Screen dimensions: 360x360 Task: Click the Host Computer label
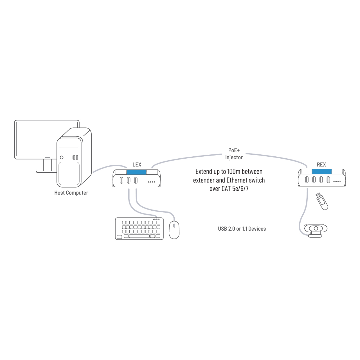pos(71,193)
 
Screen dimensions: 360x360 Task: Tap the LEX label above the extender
pos(137,165)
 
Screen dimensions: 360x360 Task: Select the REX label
pos(321,165)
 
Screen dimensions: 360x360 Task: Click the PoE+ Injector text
pos(234,154)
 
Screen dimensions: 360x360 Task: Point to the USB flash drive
pos(322,201)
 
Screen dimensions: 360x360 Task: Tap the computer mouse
pos(174,230)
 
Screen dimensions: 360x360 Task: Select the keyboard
pos(139,228)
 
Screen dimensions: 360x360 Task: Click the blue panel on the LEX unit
pos(136,172)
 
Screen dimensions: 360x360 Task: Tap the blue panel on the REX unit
pos(322,172)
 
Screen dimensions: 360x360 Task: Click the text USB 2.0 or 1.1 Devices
pos(242,229)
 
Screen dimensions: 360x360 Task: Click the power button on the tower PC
pos(62,157)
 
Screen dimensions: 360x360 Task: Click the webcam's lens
pos(316,228)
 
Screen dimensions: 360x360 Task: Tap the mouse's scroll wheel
pos(174,225)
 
